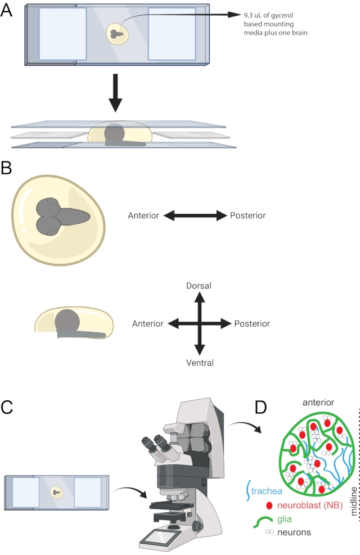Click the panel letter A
pos(6,11)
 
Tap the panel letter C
pos(7,407)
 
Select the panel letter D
pos(261,408)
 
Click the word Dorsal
pos(199,286)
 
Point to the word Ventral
pos(200,363)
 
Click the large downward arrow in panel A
pos(115,93)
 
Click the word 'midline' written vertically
pos(353,500)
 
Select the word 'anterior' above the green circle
pos(318,402)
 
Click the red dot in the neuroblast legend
pos(269,506)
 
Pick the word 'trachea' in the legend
pos(267,491)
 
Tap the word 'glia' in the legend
pos(285,519)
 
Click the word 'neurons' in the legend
pos(294,533)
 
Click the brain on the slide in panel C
pos(56,491)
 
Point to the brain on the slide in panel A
pos(117,34)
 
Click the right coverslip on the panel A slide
pos(172,34)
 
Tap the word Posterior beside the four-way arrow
pos(252,323)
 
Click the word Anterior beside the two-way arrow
pos(143,215)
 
